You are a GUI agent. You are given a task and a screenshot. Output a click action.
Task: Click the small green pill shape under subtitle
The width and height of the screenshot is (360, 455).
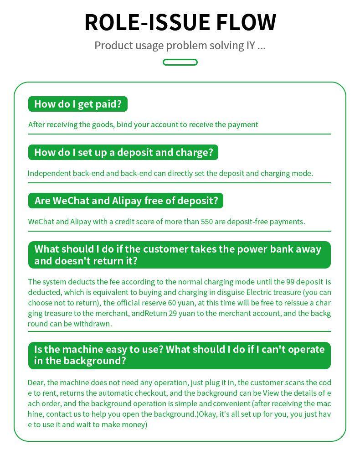coord(180,62)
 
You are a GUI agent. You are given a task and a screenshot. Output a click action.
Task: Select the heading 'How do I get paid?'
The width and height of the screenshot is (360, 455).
coord(78,104)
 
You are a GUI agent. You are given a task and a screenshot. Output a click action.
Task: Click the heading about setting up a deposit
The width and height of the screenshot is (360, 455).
coord(123,152)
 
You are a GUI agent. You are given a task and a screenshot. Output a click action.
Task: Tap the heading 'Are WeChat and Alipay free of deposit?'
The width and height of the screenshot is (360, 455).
coord(126,201)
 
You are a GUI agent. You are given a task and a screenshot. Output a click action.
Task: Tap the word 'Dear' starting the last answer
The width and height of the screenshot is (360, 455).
coord(36,383)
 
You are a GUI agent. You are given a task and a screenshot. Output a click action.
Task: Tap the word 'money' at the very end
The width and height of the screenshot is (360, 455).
coord(135,424)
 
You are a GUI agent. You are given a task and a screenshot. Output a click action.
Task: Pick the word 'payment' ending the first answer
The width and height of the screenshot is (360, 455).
coord(243,124)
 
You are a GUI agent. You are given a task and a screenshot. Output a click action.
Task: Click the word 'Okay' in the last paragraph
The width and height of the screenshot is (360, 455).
coord(208,414)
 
